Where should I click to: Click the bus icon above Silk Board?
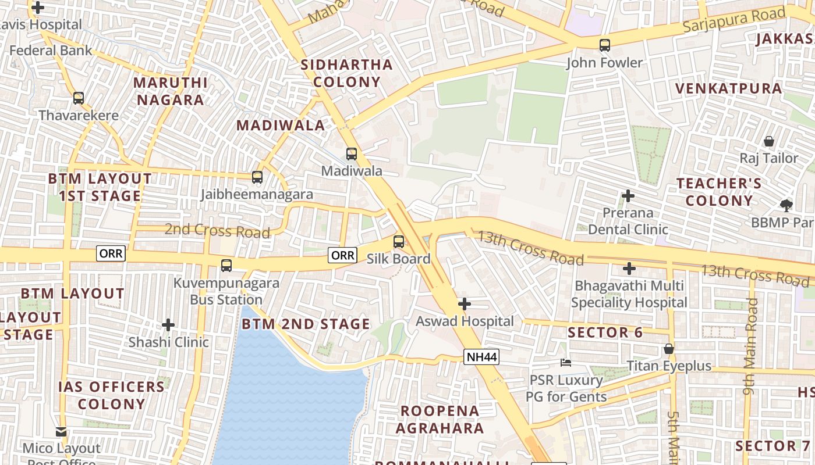(399, 242)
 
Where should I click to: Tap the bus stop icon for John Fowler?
(605, 45)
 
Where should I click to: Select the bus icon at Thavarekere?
(79, 98)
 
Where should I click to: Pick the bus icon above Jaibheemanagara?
(257, 177)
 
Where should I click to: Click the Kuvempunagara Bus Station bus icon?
(226, 266)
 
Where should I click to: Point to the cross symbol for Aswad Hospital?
(465, 304)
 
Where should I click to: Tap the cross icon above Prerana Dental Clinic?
(628, 196)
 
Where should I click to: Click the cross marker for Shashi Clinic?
(168, 324)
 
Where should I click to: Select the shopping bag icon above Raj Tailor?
(769, 141)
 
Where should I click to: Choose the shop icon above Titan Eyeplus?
(669, 349)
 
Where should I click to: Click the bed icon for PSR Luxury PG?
(565, 363)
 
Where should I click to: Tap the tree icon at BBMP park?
(786, 205)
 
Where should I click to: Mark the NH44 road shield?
(481, 357)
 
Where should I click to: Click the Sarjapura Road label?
(734, 20)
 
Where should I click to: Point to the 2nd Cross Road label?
(217, 231)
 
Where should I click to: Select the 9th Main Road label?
(752, 348)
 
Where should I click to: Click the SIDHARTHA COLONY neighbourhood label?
(346, 73)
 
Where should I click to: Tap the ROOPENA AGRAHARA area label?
(440, 420)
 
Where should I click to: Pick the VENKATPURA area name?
(728, 88)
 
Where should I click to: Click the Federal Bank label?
(51, 51)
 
